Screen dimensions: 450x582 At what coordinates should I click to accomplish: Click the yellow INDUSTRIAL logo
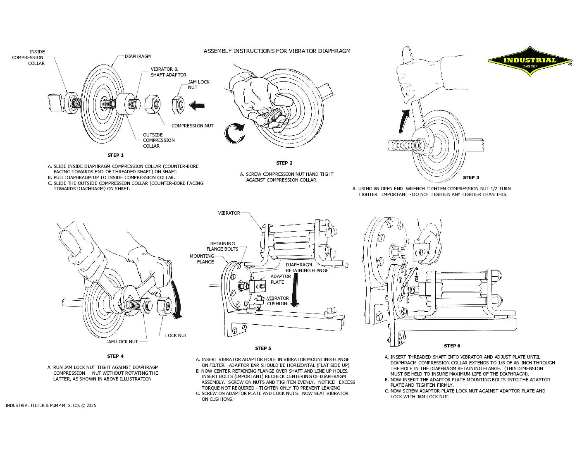coord(530,61)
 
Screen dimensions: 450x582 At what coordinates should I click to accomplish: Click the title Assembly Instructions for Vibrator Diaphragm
coord(277,51)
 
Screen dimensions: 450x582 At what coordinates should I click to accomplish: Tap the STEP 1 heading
coord(115,155)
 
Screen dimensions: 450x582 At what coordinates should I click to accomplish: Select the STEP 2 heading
coord(284,163)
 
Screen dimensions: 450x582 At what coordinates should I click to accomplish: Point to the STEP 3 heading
coord(471,177)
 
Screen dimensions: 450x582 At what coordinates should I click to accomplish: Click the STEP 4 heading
coord(115,356)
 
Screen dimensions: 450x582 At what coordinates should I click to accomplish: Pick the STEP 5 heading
coord(263,348)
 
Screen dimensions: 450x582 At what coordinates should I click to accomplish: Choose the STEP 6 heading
coord(452,346)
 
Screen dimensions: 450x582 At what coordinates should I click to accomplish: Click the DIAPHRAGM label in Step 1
coord(138,56)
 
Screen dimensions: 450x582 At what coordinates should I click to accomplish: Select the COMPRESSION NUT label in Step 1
coord(192,126)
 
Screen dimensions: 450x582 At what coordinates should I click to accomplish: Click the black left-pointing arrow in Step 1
coord(197,105)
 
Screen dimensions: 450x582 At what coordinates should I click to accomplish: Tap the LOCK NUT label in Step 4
coord(176,335)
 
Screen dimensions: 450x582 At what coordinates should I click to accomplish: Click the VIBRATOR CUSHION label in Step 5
coord(277,301)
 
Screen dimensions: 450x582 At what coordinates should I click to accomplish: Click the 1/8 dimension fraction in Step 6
coord(417,277)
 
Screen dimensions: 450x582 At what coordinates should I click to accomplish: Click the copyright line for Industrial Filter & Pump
coord(51,405)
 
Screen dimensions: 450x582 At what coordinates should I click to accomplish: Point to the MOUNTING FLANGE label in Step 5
coord(202,259)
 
